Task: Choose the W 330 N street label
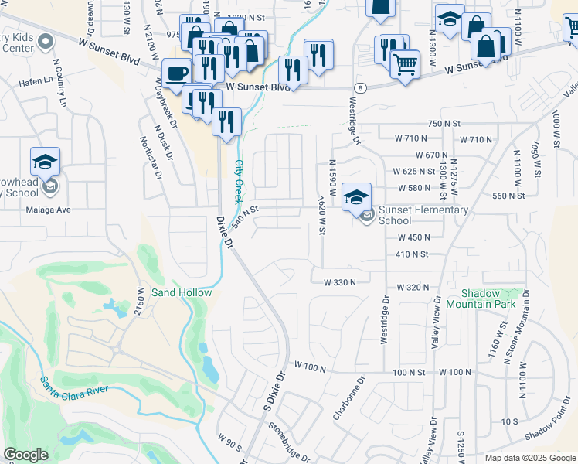coord(340,282)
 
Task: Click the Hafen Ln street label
coord(36,80)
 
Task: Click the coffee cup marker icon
coord(177,74)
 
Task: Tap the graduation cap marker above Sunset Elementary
coord(357,197)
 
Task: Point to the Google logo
coord(25,455)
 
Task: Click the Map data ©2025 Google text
coord(530,458)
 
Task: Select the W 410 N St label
coord(411,254)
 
